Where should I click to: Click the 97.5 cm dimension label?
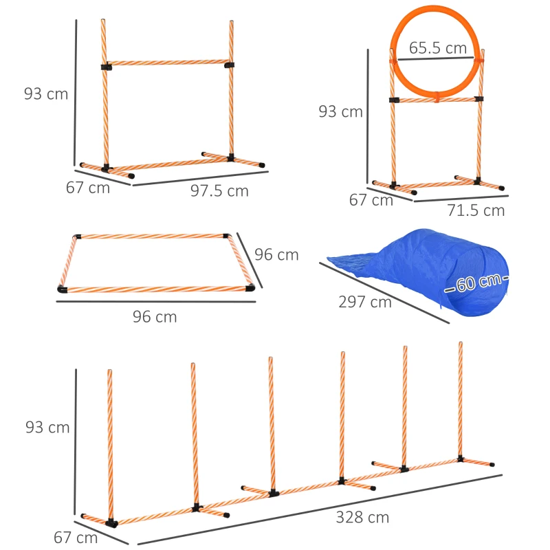click(219, 192)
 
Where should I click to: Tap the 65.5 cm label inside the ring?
click(438, 49)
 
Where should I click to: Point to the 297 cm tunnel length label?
click(365, 301)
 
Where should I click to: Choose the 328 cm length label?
click(362, 518)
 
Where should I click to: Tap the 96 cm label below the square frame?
click(155, 317)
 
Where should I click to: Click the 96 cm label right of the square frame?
click(276, 254)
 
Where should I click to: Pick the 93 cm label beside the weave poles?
click(47, 428)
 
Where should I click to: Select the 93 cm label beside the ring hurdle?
click(340, 111)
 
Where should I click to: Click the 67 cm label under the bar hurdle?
click(88, 188)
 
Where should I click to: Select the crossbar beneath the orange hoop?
click(436, 100)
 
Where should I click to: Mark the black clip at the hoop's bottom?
click(436, 99)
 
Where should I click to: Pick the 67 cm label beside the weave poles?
click(76, 538)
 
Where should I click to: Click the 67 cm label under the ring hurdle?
click(371, 201)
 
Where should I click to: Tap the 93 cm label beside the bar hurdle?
click(46, 93)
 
